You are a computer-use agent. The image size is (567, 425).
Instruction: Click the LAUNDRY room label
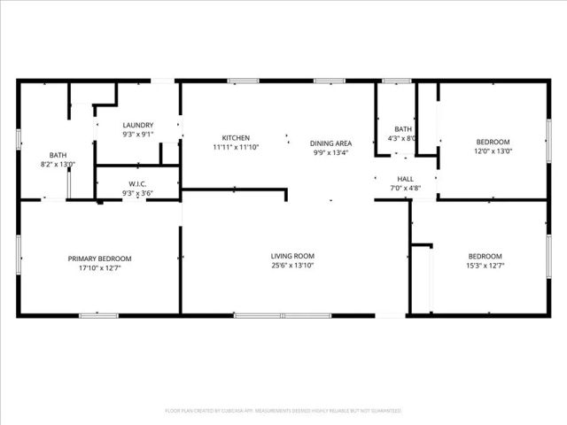138,126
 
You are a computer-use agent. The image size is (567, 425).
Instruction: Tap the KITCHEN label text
236,138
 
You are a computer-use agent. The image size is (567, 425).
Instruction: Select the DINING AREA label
330,143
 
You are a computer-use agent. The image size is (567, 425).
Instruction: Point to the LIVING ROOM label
292,256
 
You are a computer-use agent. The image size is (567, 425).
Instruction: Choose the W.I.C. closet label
138,184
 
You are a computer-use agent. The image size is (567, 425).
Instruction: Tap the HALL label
405,179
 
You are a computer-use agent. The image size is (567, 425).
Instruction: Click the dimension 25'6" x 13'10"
292,265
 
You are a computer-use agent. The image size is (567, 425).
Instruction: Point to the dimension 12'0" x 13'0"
493,151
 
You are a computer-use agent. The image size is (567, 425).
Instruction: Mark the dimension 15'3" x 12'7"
485,265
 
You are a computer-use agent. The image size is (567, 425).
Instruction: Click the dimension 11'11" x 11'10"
236,147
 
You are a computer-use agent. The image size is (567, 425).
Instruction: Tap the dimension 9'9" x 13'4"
330,152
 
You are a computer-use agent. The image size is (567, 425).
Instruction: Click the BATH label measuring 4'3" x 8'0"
403,129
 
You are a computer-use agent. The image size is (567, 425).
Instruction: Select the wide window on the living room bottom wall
282,315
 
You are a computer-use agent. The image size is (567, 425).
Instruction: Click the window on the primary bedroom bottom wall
99,315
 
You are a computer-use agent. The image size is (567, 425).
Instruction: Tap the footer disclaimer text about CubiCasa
283,411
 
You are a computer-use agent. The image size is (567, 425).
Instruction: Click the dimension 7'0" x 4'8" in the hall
405,188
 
